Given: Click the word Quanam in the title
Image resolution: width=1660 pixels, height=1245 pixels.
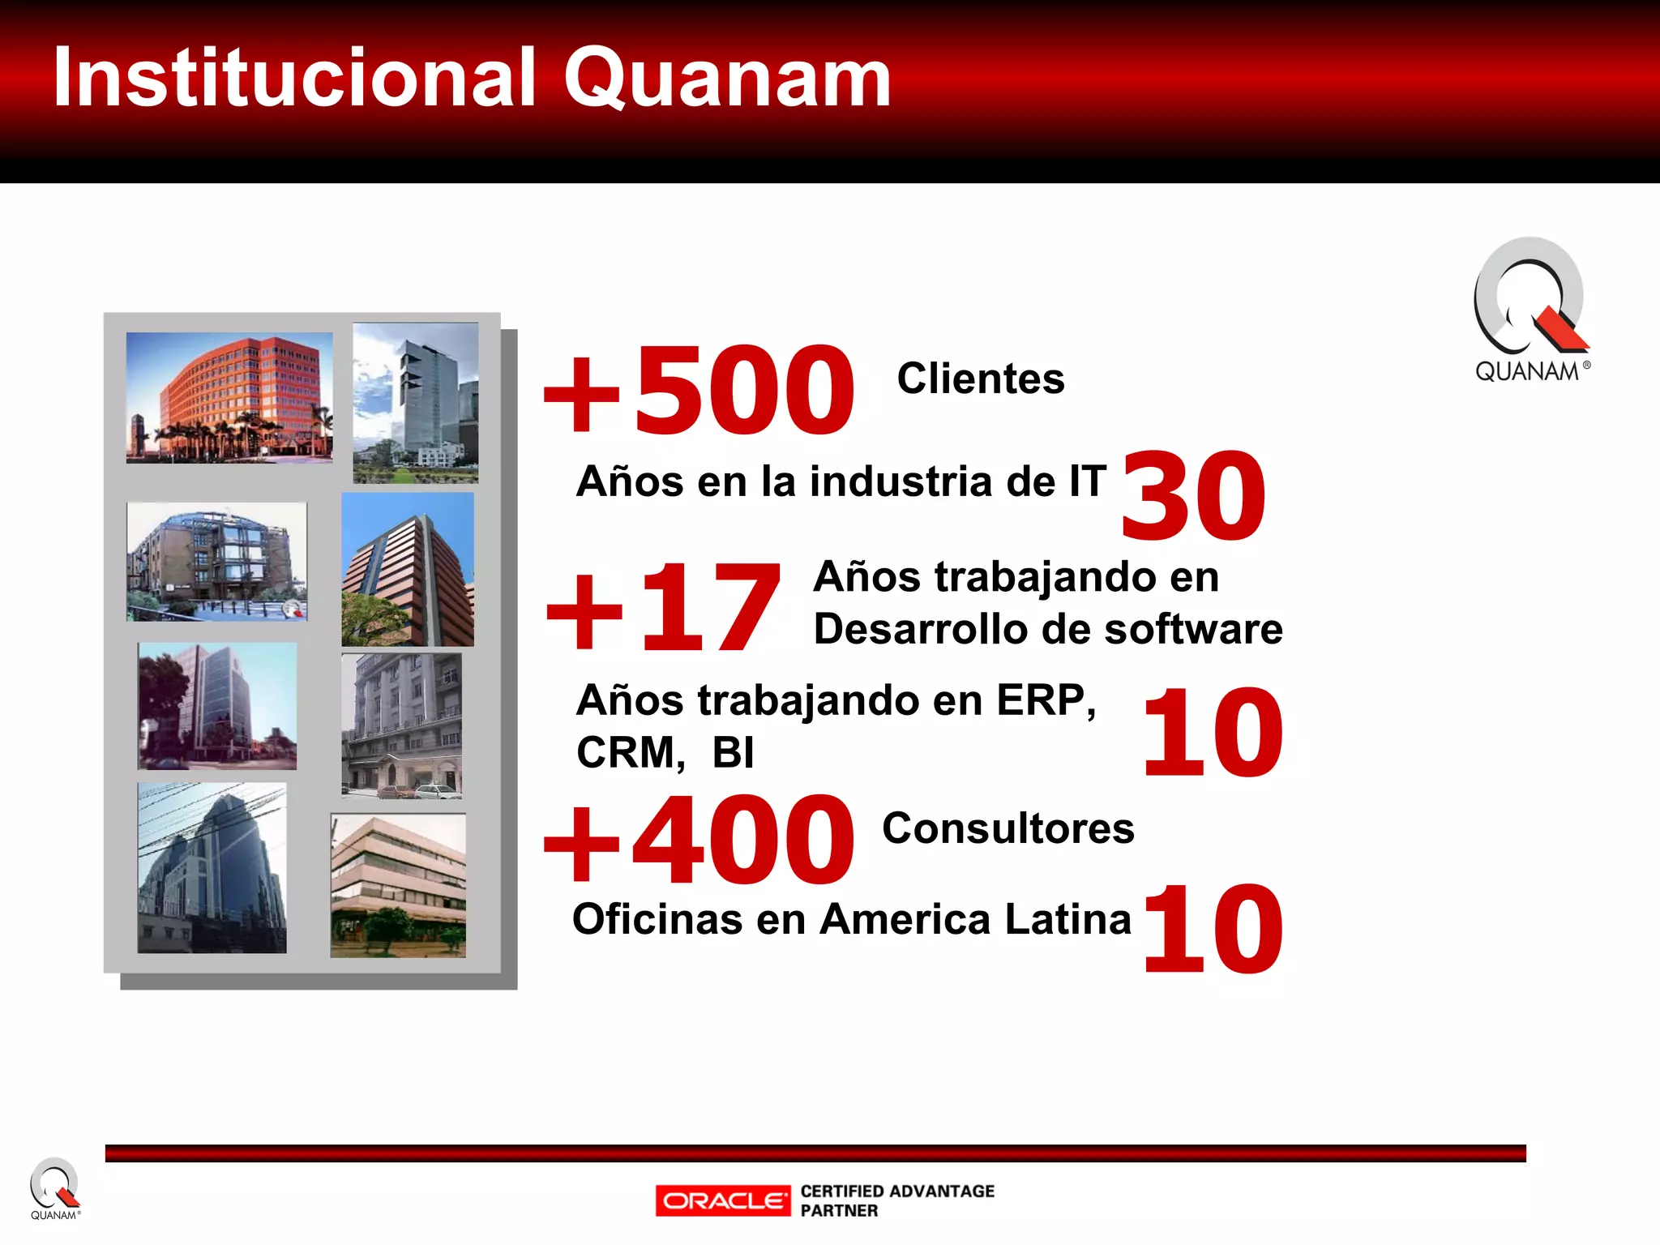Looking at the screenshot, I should coord(727,79).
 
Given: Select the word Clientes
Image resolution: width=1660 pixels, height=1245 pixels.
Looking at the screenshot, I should coord(981,379).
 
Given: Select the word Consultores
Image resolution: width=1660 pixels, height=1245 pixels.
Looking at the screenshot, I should coord(1008,828).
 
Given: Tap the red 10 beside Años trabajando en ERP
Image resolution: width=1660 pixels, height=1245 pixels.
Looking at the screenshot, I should coord(1213,733).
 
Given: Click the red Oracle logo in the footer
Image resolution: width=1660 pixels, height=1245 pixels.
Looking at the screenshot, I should coord(723,1200).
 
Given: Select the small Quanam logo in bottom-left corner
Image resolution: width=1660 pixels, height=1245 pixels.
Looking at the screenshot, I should coord(54,1188).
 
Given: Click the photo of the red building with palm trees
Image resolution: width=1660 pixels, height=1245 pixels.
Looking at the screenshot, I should coord(229,397).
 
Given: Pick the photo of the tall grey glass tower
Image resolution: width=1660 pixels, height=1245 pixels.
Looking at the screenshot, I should coord(416,403).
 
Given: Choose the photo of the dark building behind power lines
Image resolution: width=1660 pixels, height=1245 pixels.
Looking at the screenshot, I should coord(212,867).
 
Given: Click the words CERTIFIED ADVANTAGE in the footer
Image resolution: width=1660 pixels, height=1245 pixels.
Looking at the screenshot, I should coord(897,1191).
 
